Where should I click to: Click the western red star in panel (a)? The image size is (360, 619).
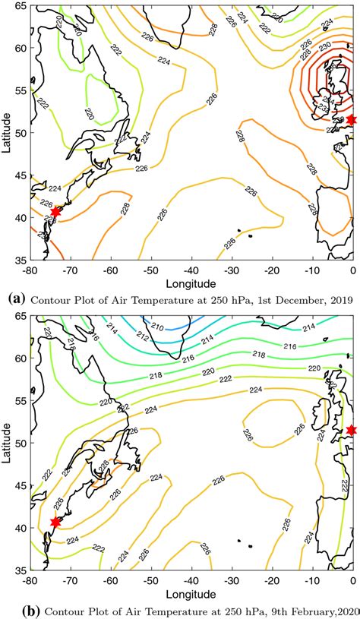click(55, 212)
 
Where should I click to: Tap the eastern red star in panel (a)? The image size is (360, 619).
click(351, 120)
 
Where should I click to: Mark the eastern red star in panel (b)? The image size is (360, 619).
click(351, 431)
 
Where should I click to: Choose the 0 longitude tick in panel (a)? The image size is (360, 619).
click(352, 268)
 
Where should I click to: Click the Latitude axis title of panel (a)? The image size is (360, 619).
click(7, 132)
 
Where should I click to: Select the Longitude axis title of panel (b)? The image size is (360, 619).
click(190, 592)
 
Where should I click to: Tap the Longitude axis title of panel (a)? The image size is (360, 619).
click(190, 281)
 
